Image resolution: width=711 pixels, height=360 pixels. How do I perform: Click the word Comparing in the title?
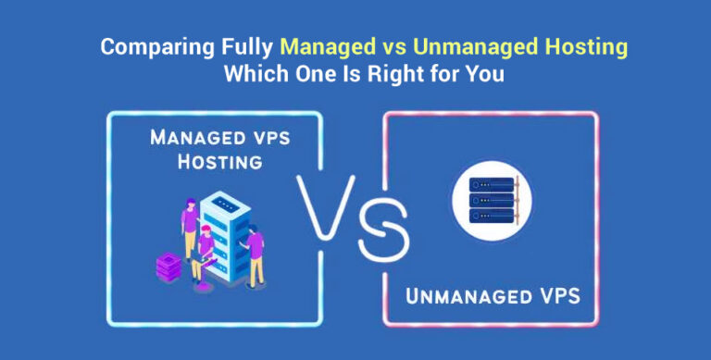143,47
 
